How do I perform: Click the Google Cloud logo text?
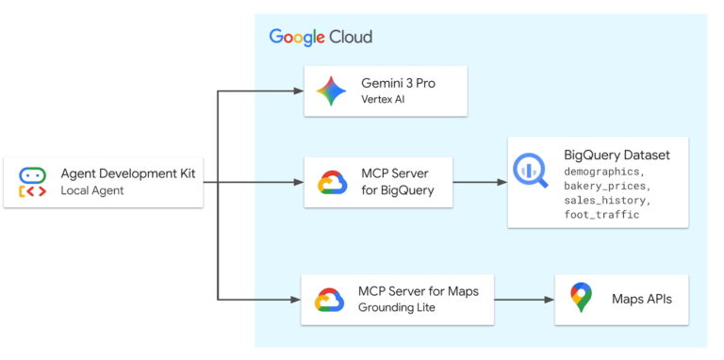321,37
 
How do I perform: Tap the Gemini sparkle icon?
331,91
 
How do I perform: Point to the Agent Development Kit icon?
32,183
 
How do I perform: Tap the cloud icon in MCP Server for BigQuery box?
333,182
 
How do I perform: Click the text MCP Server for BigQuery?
395,182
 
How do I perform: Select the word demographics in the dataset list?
604,172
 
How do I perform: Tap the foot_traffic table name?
601,214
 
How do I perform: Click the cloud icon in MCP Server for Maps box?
329,300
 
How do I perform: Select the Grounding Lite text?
397,308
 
